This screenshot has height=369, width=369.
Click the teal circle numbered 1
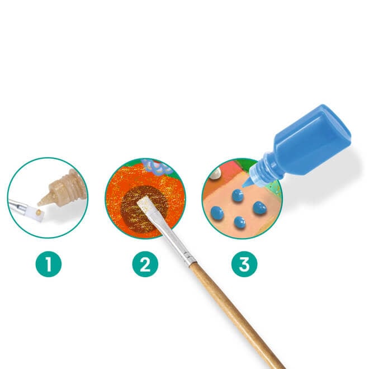(49, 264)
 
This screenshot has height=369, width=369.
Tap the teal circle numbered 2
(145, 264)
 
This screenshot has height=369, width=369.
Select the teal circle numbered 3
(244, 264)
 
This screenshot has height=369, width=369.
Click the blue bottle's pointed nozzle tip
(243, 187)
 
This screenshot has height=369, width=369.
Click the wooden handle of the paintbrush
(238, 315)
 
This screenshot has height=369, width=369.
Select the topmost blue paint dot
(238, 195)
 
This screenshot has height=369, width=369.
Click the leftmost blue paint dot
(217, 213)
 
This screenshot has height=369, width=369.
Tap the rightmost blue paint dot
(259, 208)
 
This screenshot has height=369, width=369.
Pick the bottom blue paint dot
(240, 223)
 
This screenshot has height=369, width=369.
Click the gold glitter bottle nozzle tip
(39, 204)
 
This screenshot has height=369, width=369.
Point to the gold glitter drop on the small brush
(38, 213)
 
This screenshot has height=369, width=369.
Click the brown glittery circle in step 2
(144, 209)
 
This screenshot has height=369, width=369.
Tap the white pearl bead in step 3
(215, 174)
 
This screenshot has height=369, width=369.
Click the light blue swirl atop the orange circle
(156, 166)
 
